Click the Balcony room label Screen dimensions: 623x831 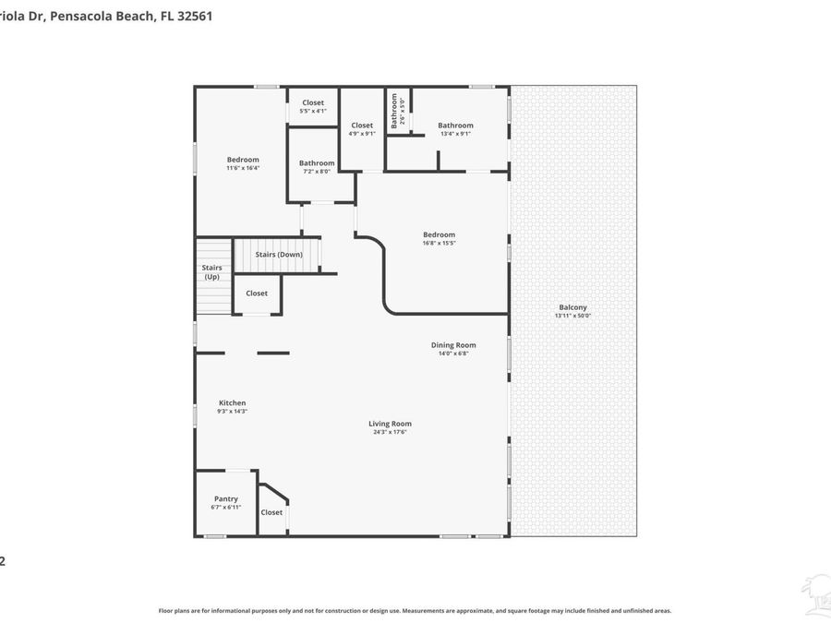point(572,307)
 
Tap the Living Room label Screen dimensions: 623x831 point(389,424)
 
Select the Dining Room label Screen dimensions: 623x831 point(453,345)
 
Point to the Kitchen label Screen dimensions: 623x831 point(232,402)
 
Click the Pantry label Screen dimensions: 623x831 point(226,499)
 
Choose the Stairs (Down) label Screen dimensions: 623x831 point(279,254)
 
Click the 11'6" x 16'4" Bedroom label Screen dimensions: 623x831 point(243,160)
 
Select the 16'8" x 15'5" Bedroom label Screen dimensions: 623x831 point(439,234)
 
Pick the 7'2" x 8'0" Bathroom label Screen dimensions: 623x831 point(317,163)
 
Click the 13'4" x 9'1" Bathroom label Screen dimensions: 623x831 point(455,126)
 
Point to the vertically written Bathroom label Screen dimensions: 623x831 point(393,112)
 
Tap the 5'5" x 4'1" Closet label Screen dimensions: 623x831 point(313,103)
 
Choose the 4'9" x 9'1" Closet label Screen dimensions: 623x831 point(362,126)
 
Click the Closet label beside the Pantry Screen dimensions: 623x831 point(271,512)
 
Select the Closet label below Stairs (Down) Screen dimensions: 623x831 point(257,294)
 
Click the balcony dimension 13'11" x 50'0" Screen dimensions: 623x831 point(572,316)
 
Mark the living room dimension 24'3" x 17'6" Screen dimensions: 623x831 point(389,432)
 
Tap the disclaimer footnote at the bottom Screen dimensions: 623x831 point(415,610)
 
